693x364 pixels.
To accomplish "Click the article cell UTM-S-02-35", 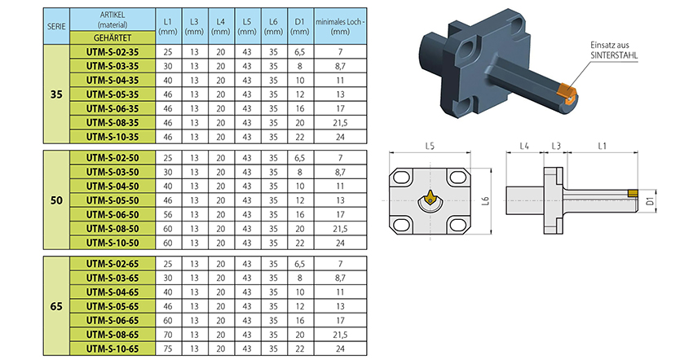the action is (113, 51).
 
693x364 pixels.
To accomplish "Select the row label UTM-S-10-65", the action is (113, 349).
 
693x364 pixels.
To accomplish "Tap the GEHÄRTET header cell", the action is (113, 38).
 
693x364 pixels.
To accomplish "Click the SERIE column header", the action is (56, 26).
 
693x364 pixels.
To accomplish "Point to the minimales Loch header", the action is (340, 26).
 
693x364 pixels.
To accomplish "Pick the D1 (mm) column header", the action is (300, 26).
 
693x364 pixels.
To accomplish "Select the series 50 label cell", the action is (56, 200).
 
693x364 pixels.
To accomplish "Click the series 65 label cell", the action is (56, 306).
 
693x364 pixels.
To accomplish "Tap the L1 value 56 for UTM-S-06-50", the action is (168, 214).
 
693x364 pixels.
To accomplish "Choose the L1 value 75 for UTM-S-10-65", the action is (168, 349).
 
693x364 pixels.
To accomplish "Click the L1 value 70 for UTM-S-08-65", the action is (168, 335).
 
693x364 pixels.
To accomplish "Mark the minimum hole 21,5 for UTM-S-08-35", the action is (340, 123).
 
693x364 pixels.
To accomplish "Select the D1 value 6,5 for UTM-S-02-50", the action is (300, 158).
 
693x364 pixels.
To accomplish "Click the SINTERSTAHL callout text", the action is (615, 55).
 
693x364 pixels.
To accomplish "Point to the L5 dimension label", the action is (430, 146).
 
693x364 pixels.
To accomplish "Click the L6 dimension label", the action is (486, 201).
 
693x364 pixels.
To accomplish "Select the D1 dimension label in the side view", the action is (650, 201).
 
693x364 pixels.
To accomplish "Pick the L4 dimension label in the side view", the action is (524, 146).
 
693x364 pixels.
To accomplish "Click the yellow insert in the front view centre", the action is (430, 198).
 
